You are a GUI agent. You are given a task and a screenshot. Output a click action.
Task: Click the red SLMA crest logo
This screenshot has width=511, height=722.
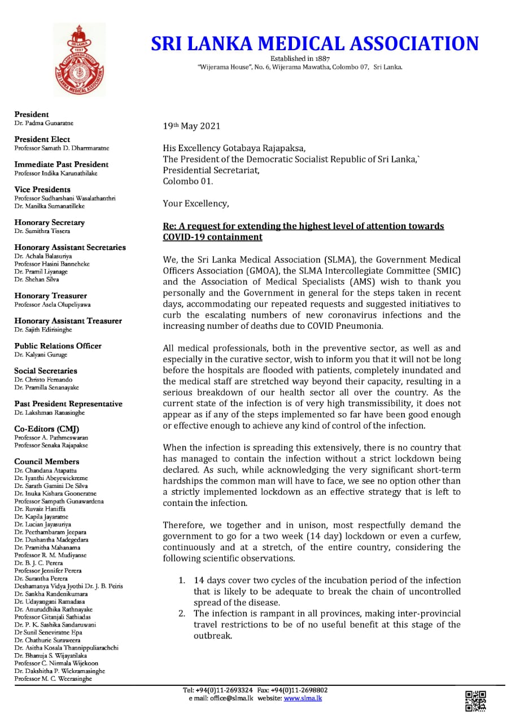[79, 60]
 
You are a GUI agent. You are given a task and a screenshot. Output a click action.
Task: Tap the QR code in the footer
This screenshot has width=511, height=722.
[475, 701]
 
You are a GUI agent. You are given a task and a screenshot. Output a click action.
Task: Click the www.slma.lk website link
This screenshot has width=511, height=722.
[303, 698]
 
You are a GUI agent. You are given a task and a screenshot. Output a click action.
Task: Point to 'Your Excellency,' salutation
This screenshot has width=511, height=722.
[196, 203]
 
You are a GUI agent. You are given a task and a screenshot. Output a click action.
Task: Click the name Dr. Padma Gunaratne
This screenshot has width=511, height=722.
[44, 122]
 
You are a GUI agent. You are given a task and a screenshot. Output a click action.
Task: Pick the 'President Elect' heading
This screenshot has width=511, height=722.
[42, 139]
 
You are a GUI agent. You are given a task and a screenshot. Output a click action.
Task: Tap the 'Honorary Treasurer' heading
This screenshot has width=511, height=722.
[50, 296]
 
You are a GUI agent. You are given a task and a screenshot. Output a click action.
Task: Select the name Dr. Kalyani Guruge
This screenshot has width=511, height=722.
[41, 354]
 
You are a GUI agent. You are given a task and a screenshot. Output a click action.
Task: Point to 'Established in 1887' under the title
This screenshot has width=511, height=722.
[300, 59]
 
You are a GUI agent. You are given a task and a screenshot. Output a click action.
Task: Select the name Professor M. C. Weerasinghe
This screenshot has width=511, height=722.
[53, 679]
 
